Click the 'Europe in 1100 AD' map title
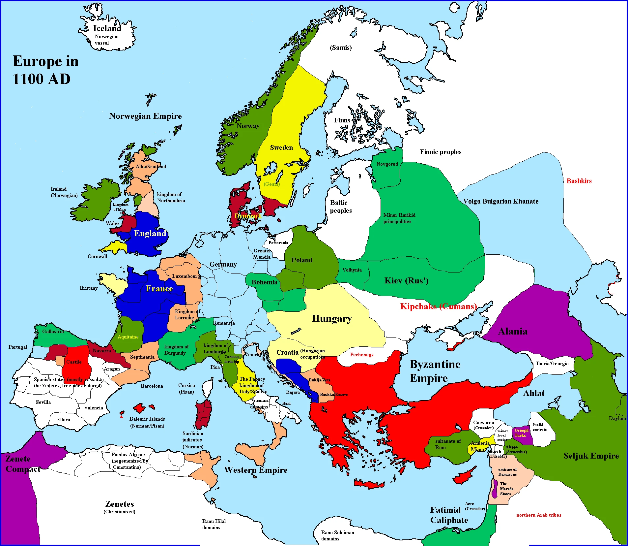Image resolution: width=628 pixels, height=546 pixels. (x=45, y=70)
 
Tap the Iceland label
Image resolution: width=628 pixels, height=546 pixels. (x=107, y=28)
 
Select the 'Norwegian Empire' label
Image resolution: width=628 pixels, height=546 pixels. (x=145, y=116)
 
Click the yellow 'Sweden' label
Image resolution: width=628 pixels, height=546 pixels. (x=281, y=147)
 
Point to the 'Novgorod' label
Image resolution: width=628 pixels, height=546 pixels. (x=387, y=164)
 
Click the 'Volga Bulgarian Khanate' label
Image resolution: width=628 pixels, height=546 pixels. (x=500, y=201)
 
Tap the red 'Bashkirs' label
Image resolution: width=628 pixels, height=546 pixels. (x=579, y=181)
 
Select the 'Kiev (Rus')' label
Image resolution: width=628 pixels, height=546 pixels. (x=406, y=281)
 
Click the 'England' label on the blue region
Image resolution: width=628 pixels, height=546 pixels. (x=150, y=233)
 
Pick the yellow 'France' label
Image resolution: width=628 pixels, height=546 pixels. (x=159, y=289)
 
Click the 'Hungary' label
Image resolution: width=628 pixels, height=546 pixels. (x=331, y=318)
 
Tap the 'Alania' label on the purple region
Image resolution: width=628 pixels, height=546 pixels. (x=513, y=331)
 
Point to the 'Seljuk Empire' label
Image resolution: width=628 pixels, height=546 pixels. (x=591, y=456)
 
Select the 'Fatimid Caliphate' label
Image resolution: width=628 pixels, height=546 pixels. (x=449, y=515)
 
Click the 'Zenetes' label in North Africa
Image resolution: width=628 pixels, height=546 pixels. (x=120, y=504)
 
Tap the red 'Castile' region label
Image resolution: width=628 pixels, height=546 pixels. (x=74, y=362)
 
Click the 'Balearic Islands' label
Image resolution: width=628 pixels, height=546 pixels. (x=147, y=419)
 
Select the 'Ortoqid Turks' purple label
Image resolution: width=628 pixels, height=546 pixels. (x=521, y=433)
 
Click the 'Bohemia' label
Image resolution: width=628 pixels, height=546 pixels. (x=264, y=282)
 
